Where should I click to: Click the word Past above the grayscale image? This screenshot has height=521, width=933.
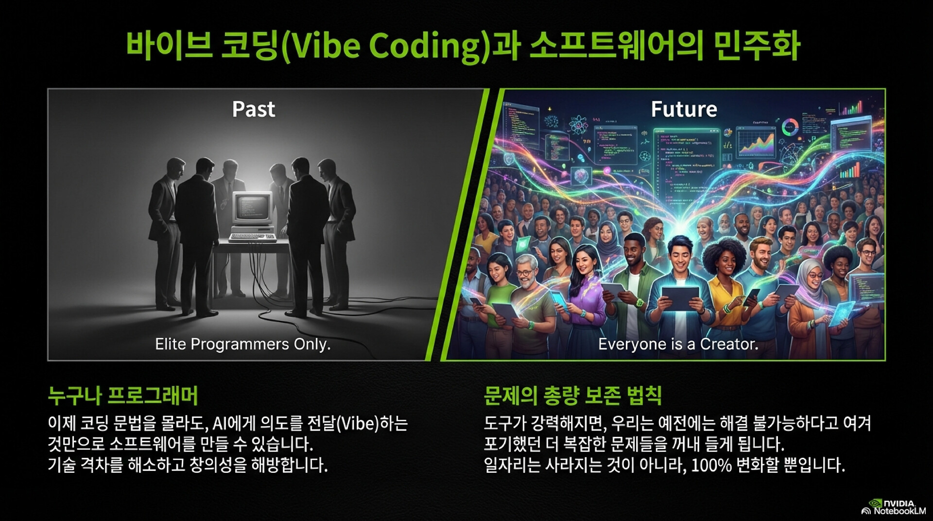pyautogui.click(x=254, y=109)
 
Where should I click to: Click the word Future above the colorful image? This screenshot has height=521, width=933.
pyautogui.click(x=684, y=109)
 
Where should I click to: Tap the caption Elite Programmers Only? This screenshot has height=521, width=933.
pyautogui.click(x=242, y=344)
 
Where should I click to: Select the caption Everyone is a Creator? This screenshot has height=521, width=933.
pyautogui.click(x=678, y=344)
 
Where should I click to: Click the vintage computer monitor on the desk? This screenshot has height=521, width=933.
pyautogui.click(x=252, y=208)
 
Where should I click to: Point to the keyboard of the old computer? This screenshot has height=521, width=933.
pyautogui.click(x=253, y=238)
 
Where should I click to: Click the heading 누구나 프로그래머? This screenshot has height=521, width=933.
pyautogui.click(x=123, y=396)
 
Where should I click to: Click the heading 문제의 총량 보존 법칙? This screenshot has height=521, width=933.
pyautogui.click(x=572, y=396)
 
